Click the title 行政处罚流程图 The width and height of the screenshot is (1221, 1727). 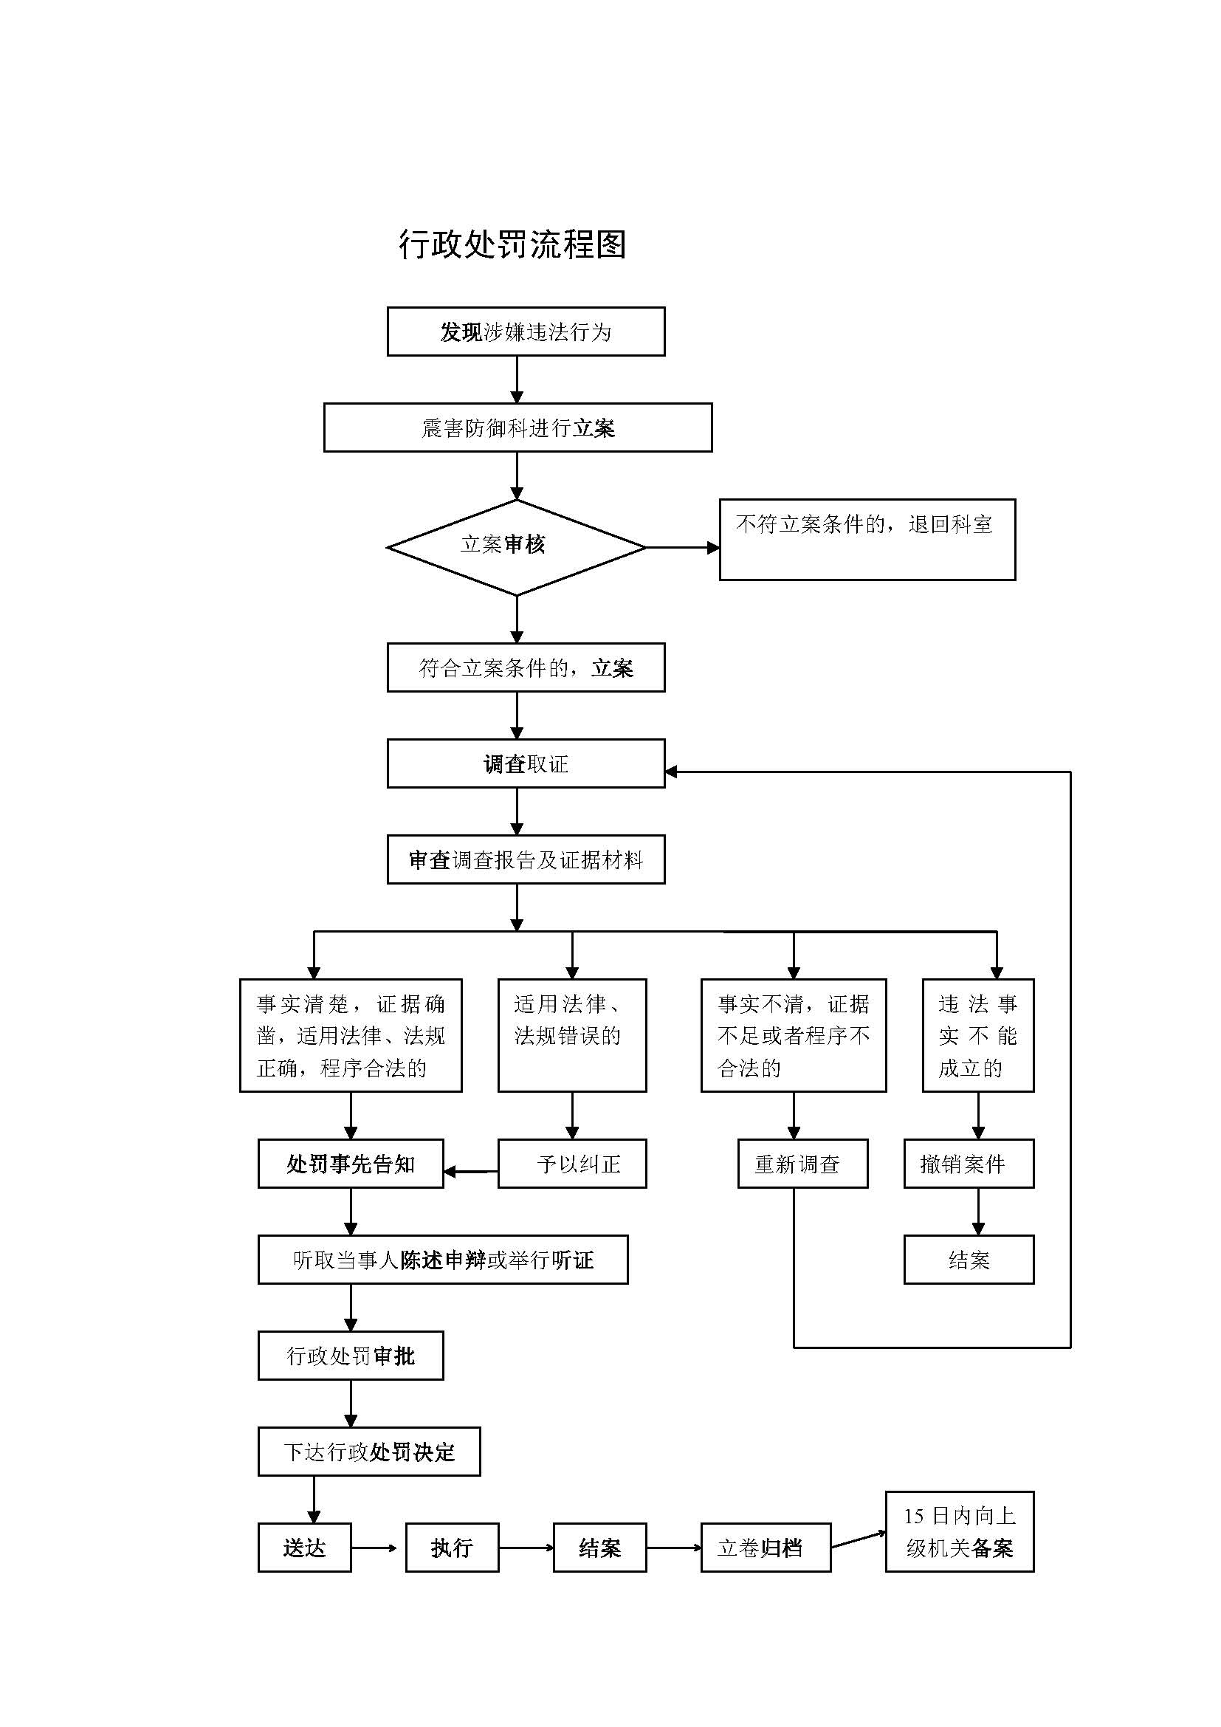pos(512,244)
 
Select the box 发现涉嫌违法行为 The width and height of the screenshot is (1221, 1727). pos(526,332)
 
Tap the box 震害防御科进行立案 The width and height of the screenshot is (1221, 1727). pos(517,428)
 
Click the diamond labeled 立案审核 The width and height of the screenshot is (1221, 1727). pos(517,548)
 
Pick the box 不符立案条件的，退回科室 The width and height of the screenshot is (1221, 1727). pos(867,539)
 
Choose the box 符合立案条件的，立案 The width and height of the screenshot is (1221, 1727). pos(526,668)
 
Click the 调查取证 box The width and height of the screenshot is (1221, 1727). pos(526,764)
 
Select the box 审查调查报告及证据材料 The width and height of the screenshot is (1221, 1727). pos(526,859)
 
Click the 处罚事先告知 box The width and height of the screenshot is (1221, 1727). pos(351,1164)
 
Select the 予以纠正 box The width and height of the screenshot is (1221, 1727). pos(571,1164)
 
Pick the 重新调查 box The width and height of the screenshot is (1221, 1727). pos(802,1164)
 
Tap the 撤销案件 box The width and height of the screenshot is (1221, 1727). pos(969,1164)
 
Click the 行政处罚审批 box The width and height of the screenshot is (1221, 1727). pos(351,1356)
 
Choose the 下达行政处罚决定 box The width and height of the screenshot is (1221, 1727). pos(368,1452)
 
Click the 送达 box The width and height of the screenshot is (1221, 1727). pos(304,1548)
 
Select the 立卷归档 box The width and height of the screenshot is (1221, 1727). pos(766,1548)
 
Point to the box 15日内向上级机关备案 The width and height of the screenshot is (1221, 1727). pos(960,1532)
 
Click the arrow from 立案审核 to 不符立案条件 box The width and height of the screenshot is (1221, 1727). pos(681,549)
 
